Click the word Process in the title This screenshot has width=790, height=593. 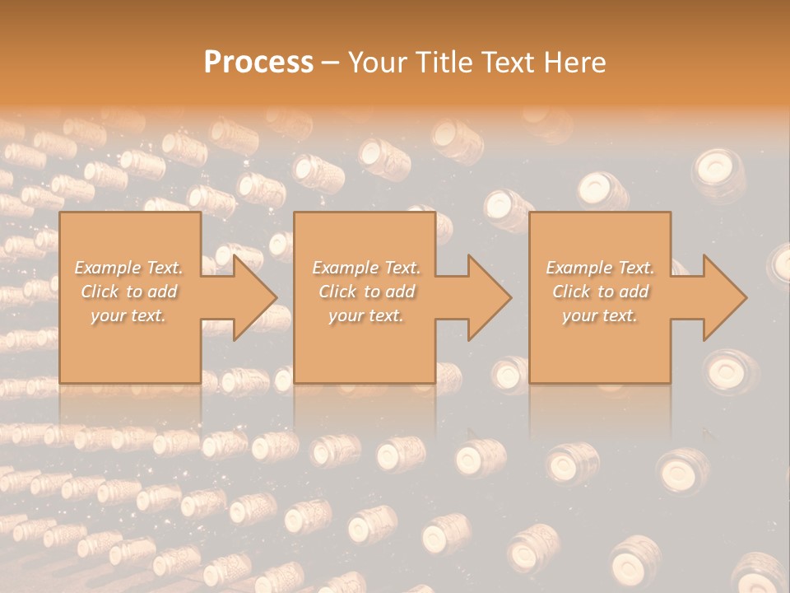click(258, 63)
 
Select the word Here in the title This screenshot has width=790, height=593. click(575, 63)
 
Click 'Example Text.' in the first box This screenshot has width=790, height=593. click(129, 268)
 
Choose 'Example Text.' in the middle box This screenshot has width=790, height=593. click(366, 268)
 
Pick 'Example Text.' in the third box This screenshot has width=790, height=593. click(600, 268)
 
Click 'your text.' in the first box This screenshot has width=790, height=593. click(128, 315)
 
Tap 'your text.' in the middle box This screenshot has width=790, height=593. click(365, 315)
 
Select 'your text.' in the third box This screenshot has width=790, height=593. click(599, 315)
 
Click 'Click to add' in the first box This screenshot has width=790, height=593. click(128, 292)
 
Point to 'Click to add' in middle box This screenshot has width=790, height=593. click(366, 292)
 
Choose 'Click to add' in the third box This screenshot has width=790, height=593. click(600, 292)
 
